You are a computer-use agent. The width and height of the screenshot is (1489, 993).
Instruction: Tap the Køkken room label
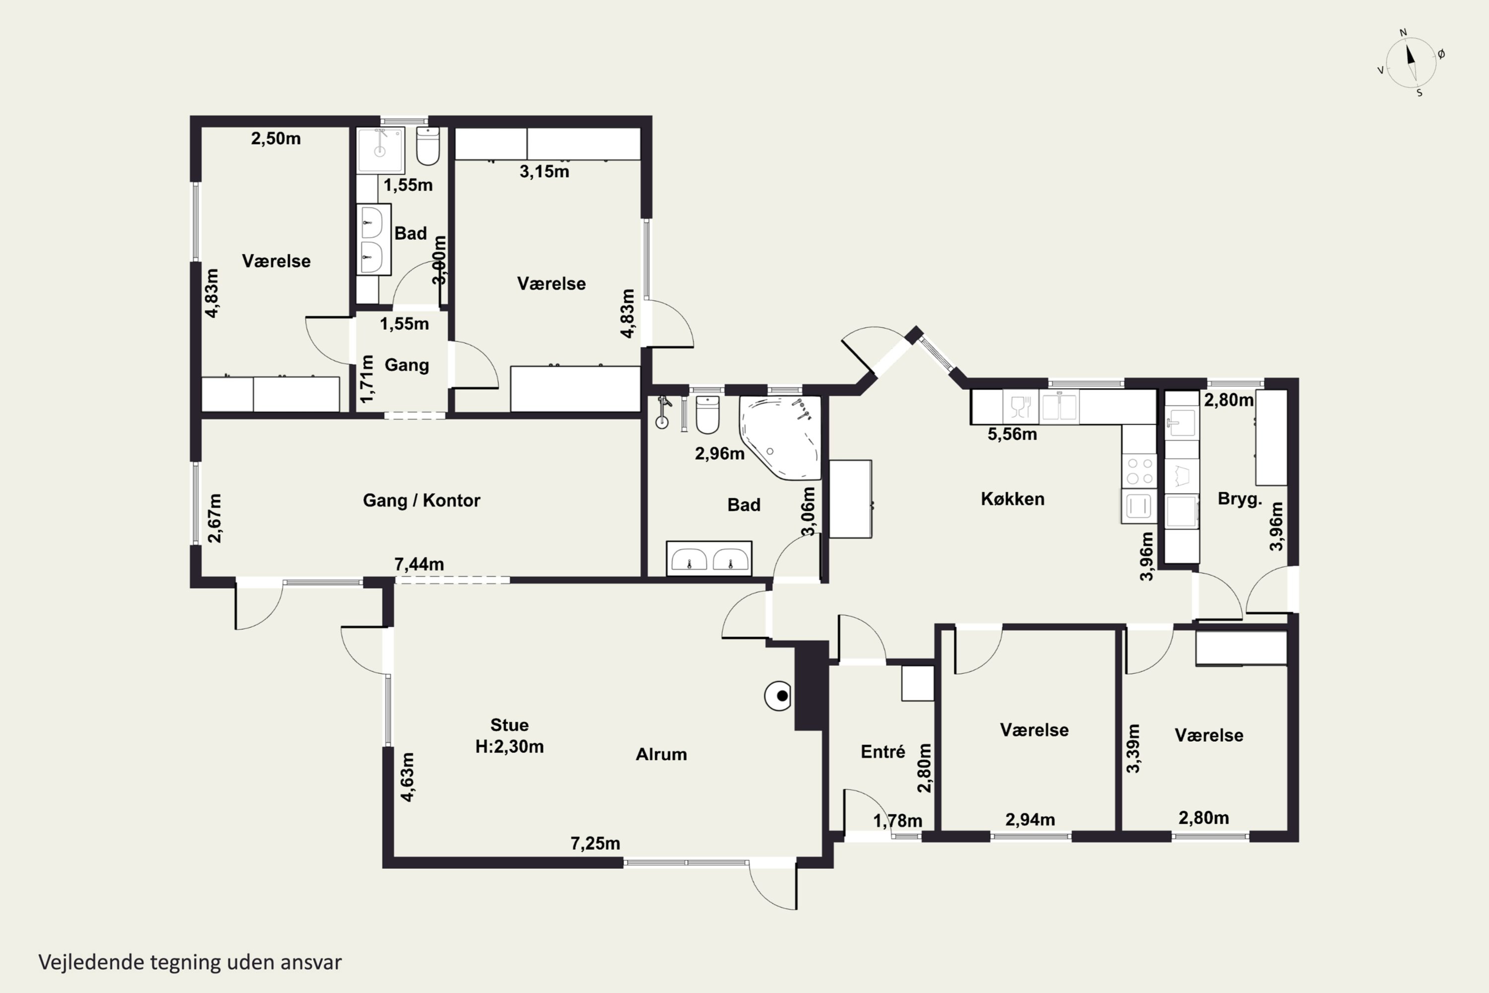[x=1013, y=499]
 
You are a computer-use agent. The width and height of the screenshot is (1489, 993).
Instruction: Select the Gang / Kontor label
[x=421, y=500]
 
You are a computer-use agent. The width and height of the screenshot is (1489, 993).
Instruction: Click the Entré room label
[x=883, y=752]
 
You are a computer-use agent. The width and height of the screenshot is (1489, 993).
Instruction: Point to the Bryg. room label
[x=1239, y=499]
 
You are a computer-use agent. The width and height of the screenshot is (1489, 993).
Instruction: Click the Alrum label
[x=661, y=754]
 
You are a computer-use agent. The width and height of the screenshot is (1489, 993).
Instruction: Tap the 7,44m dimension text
[x=419, y=564]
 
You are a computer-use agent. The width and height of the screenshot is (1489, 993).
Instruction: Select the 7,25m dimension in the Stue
[x=595, y=844]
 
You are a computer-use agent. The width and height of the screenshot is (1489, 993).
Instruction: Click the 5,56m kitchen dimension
[x=1013, y=434]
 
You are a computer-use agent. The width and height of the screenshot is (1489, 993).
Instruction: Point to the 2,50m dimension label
[x=276, y=138]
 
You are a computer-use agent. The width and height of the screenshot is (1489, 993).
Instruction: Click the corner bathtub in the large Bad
[x=781, y=437]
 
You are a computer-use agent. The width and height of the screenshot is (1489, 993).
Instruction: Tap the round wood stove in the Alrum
[x=778, y=696]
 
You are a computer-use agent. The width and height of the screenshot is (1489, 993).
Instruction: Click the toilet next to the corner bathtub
[x=707, y=414]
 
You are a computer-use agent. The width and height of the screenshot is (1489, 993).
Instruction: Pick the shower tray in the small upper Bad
[x=380, y=151]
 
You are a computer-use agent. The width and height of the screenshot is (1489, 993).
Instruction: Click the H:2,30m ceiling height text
[x=510, y=747]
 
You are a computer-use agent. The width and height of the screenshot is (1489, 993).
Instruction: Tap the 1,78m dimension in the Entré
[x=898, y=821]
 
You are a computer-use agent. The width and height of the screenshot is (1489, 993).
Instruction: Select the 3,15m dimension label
[x=544, y=172]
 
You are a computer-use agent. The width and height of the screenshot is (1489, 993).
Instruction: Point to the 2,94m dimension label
[x=1030, y=820]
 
